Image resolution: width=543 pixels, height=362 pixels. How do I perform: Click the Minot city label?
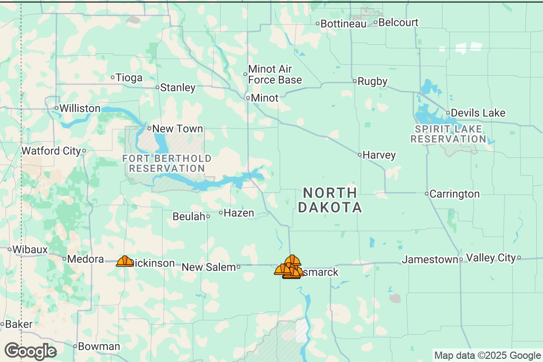[265, 98]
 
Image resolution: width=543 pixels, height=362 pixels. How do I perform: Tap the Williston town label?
[80, 109]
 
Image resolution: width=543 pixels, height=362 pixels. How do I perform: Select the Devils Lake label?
[478, 113]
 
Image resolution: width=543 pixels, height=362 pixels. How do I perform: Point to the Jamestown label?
[430, 259]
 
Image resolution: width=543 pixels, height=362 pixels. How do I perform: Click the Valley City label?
[491, 257]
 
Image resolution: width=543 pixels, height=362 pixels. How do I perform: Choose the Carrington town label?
[454, 194]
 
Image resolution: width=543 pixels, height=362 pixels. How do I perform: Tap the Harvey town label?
[379, 155]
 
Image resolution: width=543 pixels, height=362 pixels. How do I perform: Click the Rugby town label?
[372, 81]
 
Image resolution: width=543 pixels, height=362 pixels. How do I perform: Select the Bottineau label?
[343, 24]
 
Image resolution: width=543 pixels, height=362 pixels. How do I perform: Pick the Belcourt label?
[398, 22]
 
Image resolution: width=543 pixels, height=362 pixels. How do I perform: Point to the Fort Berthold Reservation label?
[167, 163]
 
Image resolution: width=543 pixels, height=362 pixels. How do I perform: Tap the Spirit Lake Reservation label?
[448, 134]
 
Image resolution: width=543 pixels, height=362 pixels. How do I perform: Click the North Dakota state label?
[330, 200]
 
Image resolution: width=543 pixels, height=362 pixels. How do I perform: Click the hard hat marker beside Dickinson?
[124, 261]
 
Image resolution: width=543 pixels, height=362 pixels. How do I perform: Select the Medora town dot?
[64, 259]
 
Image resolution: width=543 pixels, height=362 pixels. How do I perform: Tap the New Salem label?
[209, 267]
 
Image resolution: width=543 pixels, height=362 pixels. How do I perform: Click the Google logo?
[30, 351]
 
